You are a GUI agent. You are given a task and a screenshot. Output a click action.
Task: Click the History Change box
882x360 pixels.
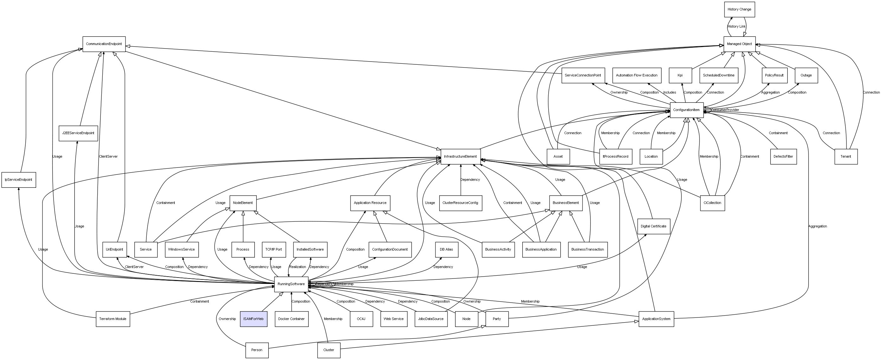[739, 10]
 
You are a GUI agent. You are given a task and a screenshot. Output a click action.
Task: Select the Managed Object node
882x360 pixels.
[739, 44]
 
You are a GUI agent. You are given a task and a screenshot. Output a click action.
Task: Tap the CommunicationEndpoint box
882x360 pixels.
[104, 44]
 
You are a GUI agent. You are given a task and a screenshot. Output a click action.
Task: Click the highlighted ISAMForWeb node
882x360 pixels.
[253, 319]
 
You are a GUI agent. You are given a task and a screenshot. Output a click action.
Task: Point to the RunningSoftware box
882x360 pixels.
[291, 284]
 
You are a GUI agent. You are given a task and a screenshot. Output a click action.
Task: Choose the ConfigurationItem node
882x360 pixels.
[686, 110]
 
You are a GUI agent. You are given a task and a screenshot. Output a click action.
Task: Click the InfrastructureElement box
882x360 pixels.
[460, 157]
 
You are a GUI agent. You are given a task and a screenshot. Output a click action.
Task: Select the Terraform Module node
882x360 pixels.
[113, 319]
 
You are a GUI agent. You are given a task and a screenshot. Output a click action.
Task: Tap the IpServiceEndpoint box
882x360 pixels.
[18, 180]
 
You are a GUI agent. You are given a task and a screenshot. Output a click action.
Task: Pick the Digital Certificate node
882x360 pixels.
[653, 226]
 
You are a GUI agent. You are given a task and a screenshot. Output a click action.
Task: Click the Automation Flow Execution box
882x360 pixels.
[636, 75]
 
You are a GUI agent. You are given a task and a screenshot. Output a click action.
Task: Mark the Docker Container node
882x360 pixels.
[291, 319]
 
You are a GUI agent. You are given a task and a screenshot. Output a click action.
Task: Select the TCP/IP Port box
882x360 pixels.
[274, 249]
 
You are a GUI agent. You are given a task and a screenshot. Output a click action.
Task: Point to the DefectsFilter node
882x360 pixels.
[783, 157]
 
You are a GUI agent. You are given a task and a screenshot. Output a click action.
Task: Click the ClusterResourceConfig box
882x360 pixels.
[460, 203]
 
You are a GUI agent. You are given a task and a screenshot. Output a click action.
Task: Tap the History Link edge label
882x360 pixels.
[737, 26]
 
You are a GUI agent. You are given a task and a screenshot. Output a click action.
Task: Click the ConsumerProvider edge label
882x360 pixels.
[725, 110]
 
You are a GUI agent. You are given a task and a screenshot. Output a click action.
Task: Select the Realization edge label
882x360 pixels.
[298, 267]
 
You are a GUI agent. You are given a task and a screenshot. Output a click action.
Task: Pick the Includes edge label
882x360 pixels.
[669, 93]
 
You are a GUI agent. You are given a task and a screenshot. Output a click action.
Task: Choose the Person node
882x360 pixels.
[257, 350]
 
